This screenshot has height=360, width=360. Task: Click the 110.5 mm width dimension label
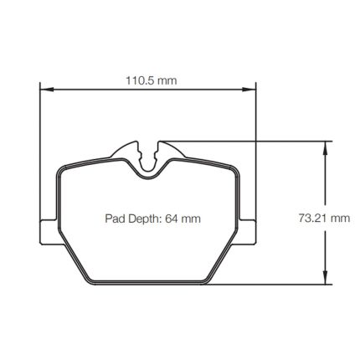tap(152, 80)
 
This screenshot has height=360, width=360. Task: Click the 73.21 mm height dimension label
tap(324, 218)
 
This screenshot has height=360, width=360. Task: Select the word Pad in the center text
tap(113, 219)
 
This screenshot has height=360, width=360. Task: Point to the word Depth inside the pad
tap(143, 219)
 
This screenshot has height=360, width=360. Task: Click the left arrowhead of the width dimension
tap(46, 90)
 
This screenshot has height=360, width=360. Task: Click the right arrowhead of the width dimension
tap(249, 90)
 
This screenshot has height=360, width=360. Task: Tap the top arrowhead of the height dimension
tap(325, 148)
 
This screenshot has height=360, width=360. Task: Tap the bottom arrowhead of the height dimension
tap(325, 278)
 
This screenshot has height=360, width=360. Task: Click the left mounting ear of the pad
tap(49, 232)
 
